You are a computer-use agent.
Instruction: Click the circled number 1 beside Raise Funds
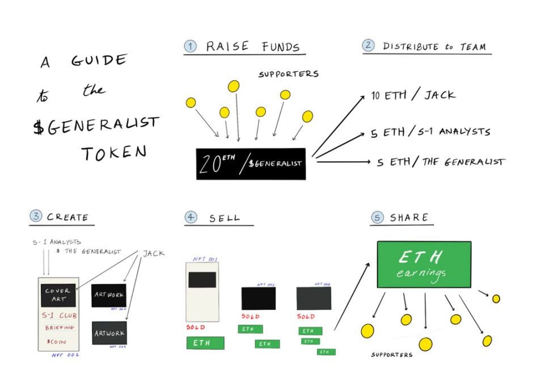pos(191,47)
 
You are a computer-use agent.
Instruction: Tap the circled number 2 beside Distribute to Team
pos(369,45)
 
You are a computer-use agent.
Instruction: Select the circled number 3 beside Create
pos(36,216)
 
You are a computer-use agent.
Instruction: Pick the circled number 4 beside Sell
pos(191,217)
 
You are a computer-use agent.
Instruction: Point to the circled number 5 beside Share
pos(377,217)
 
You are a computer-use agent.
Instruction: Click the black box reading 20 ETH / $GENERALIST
pos(251,163)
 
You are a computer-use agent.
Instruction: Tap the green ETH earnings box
pos(424,264)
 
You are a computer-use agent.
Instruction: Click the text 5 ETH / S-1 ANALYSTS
pos(430,132)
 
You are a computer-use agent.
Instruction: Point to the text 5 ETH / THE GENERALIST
pos(440,162)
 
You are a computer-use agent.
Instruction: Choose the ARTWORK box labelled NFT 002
pos(108,296)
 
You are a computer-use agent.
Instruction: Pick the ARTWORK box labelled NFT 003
pos(109,333)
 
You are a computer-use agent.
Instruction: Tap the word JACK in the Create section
pos(153,253)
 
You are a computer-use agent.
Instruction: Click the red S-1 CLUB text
pos(60,316)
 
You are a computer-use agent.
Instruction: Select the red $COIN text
pos(57,342)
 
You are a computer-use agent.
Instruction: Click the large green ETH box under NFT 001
pos(205,343)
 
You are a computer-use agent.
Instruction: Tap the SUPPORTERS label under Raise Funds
pos(288,74)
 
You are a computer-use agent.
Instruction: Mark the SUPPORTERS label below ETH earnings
pos(392,355)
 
